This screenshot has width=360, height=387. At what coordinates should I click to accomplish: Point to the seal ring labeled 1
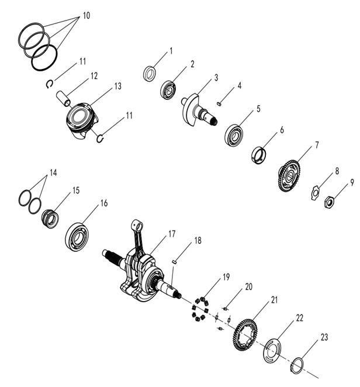(x=150, y=73)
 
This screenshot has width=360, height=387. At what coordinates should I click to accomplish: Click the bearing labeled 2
(x=169, y=90)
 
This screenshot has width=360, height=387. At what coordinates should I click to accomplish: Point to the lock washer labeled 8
(x=314, y=191)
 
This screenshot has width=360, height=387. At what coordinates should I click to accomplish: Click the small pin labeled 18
(x=175, y=262)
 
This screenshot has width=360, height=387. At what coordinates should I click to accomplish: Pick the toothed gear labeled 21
(x=246, y=334)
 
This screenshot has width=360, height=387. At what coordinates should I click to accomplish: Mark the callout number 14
(x=53, y=173)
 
